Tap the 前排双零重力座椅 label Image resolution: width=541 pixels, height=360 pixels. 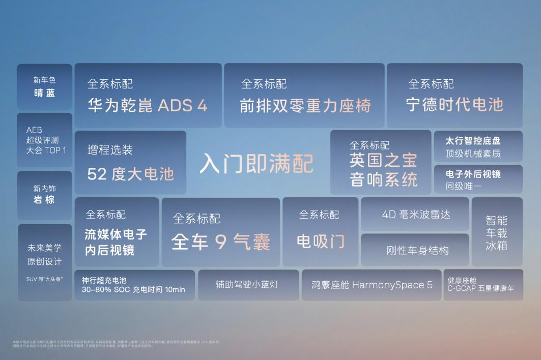pyautogui.click(x=305, y=105)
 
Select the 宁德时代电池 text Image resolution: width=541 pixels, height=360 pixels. pyautogui.click(x=454, y=104)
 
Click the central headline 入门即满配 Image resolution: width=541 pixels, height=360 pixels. pyautogui.click(x=256, y=163)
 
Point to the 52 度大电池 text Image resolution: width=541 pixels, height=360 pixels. pyautogui.click(x=130, y=174)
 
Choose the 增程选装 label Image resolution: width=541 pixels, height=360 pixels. pyautogui.click(x=110, y=149)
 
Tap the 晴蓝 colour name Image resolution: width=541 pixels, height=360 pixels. pyautogui.click(x=44, y=93)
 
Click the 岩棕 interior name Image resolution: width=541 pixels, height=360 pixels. pyautogui.click(x=44, y=199)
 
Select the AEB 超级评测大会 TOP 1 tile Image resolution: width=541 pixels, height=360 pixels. pyautogui.click(x=46, y=140)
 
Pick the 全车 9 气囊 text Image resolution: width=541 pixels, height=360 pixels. pyautogui.click(x=220, y=242)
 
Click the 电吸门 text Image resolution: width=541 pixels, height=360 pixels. pyautogui.click(x=321, y=241)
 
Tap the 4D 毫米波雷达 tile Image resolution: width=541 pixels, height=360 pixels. pyautogui.click(x=416, y=214)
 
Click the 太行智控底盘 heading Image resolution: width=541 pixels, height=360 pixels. pyautogui.click(x=473, y=141)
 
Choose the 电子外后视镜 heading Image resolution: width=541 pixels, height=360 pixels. pyautogui.click(x=473, y=174)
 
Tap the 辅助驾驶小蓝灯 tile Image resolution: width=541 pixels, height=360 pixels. pyautogui.click(x=247, y=285)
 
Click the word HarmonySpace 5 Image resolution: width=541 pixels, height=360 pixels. pyautogui.click(x=392, y=285)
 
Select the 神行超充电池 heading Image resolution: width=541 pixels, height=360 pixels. pyautogui.click(x=104, y=280)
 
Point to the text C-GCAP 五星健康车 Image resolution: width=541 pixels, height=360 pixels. pyautogui.click(x=480, y=288)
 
